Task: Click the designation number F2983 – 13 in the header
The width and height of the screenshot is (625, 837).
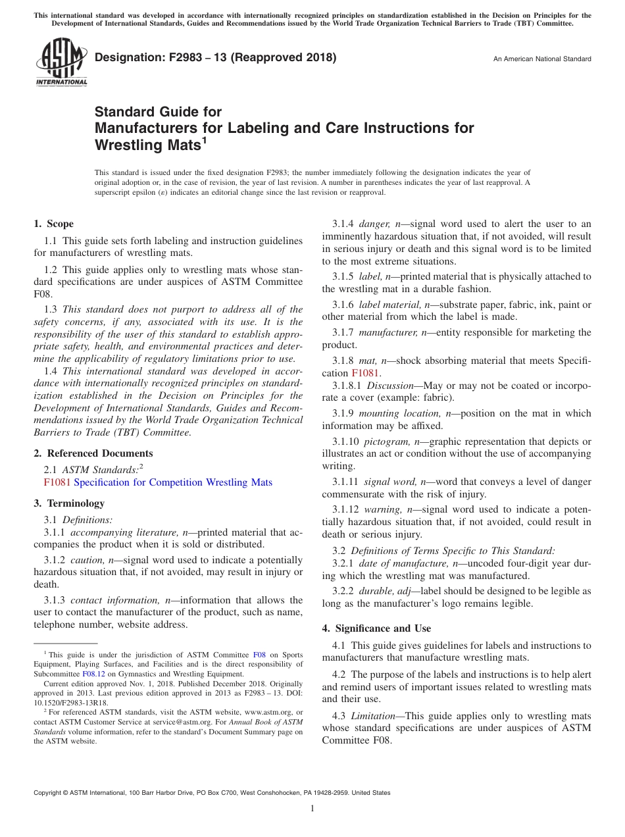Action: [216, 57]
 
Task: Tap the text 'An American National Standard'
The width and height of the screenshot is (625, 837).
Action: [541, 59]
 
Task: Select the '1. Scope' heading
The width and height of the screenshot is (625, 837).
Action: [53, 224]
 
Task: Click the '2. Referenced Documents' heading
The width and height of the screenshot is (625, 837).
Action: [93, 453]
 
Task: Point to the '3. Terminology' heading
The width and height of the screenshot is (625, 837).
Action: [68, 503]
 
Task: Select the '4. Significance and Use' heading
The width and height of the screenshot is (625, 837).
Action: [376, 628]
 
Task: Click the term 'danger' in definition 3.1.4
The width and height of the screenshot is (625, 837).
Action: [374, 224]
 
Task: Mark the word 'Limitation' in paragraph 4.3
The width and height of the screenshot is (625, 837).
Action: [374, 715]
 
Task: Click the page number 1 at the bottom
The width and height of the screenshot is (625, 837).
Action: [312, 809]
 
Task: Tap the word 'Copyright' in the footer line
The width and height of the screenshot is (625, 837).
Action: [49, 793]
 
